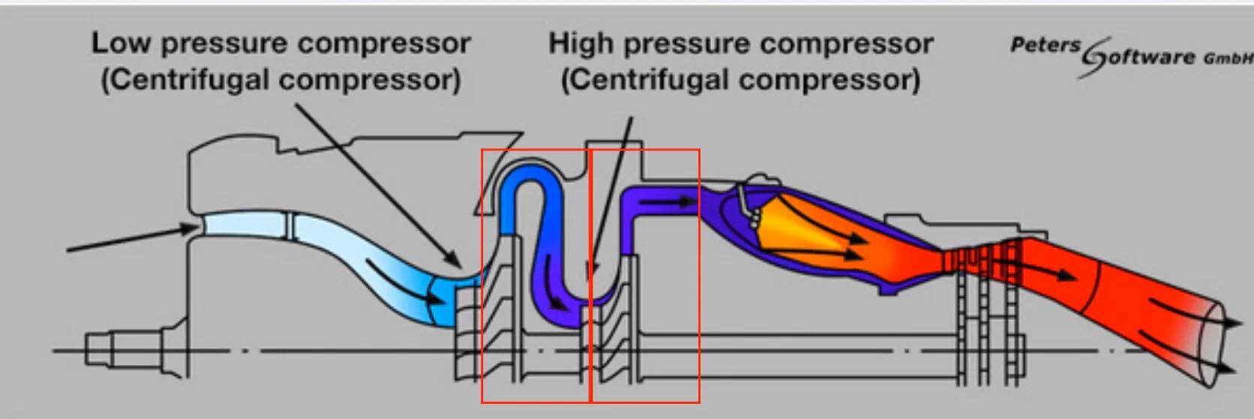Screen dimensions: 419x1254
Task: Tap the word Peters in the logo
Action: [1045, 45]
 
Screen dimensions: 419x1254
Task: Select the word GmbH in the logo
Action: [1228, 58]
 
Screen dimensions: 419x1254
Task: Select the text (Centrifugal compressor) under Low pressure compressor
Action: [281, 79]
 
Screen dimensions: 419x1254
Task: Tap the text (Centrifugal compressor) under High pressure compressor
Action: [741, 79]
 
